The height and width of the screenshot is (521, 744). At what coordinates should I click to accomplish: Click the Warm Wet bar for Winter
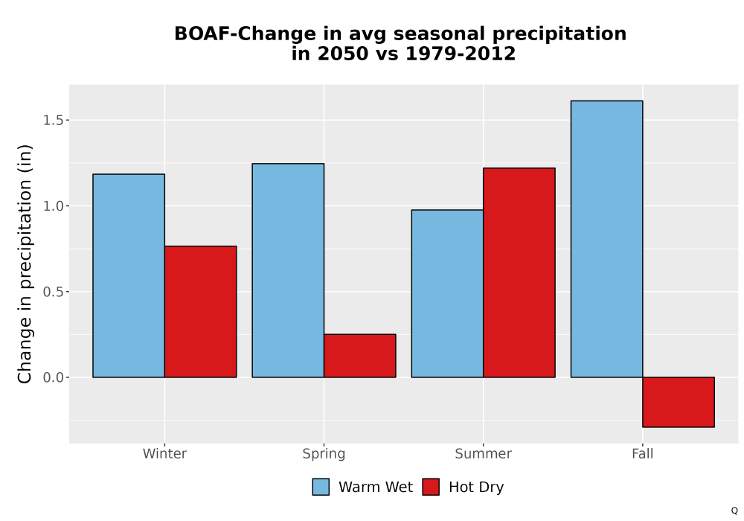coord(129,275)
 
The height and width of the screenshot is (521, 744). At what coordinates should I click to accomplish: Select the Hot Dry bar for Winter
coord(200,312)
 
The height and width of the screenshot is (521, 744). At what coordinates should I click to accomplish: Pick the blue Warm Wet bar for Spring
coord(288,270)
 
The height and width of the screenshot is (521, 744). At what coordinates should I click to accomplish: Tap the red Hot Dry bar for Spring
coord(359,356)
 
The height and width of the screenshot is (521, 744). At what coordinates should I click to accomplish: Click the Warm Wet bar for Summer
coord(447,294)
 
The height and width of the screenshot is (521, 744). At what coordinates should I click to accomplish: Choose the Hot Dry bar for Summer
coord(519,273)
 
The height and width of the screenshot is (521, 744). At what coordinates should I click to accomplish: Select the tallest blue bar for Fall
coord(607,239)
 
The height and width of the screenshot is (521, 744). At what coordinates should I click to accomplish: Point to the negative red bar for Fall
coord(679,403)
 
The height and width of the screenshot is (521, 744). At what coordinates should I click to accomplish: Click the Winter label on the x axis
coord(164,453)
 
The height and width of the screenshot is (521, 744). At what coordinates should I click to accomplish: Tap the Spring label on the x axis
coord(324,454)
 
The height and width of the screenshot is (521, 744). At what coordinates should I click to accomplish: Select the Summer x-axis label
coord(484,453)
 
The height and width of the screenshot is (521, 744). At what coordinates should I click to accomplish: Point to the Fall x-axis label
coord(643,453)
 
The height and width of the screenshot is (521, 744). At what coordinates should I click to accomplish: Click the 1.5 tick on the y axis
coord(53,121)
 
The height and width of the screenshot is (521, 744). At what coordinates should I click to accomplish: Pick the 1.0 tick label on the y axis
coord(53,206)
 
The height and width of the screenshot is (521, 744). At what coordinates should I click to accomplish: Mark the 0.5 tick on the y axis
coord(53,292)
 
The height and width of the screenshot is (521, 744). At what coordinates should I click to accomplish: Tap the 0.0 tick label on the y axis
coord(53,377)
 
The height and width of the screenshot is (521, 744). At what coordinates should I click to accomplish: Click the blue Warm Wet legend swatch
coord(321,487)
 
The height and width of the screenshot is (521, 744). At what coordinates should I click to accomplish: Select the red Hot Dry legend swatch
coord(431,487)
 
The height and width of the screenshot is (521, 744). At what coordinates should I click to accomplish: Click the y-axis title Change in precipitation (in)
coord(25,263)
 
